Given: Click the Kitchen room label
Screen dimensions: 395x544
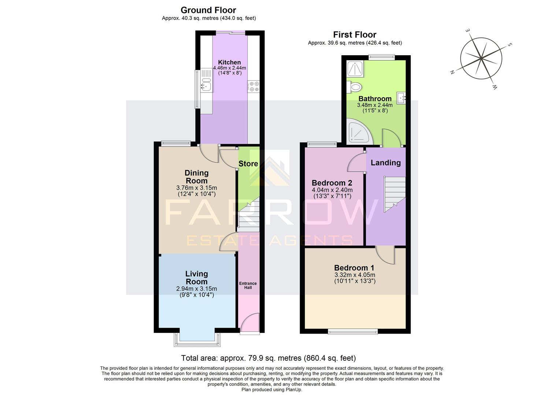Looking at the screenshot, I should pos(229,62).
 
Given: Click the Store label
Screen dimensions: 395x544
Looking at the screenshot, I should pos(248,163).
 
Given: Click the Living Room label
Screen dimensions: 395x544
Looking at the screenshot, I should pos(197,278).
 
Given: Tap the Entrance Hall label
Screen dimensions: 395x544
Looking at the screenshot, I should pos(248,285).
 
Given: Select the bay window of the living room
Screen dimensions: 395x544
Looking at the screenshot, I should pos(198,339).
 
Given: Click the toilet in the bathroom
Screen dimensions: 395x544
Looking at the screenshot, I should pos(355,87).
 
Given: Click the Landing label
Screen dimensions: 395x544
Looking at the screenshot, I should pos(385,163).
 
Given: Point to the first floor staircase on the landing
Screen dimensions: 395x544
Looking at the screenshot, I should pos(395,194).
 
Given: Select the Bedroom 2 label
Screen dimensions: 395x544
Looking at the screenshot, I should pos(332,183).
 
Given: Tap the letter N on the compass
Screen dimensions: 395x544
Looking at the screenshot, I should pos(452,72).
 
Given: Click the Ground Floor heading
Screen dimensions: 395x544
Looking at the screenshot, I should pos(208,10).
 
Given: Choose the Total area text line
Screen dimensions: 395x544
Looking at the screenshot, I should pos(269,358).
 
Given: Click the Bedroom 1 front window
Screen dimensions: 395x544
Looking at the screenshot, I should pos(353,331).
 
